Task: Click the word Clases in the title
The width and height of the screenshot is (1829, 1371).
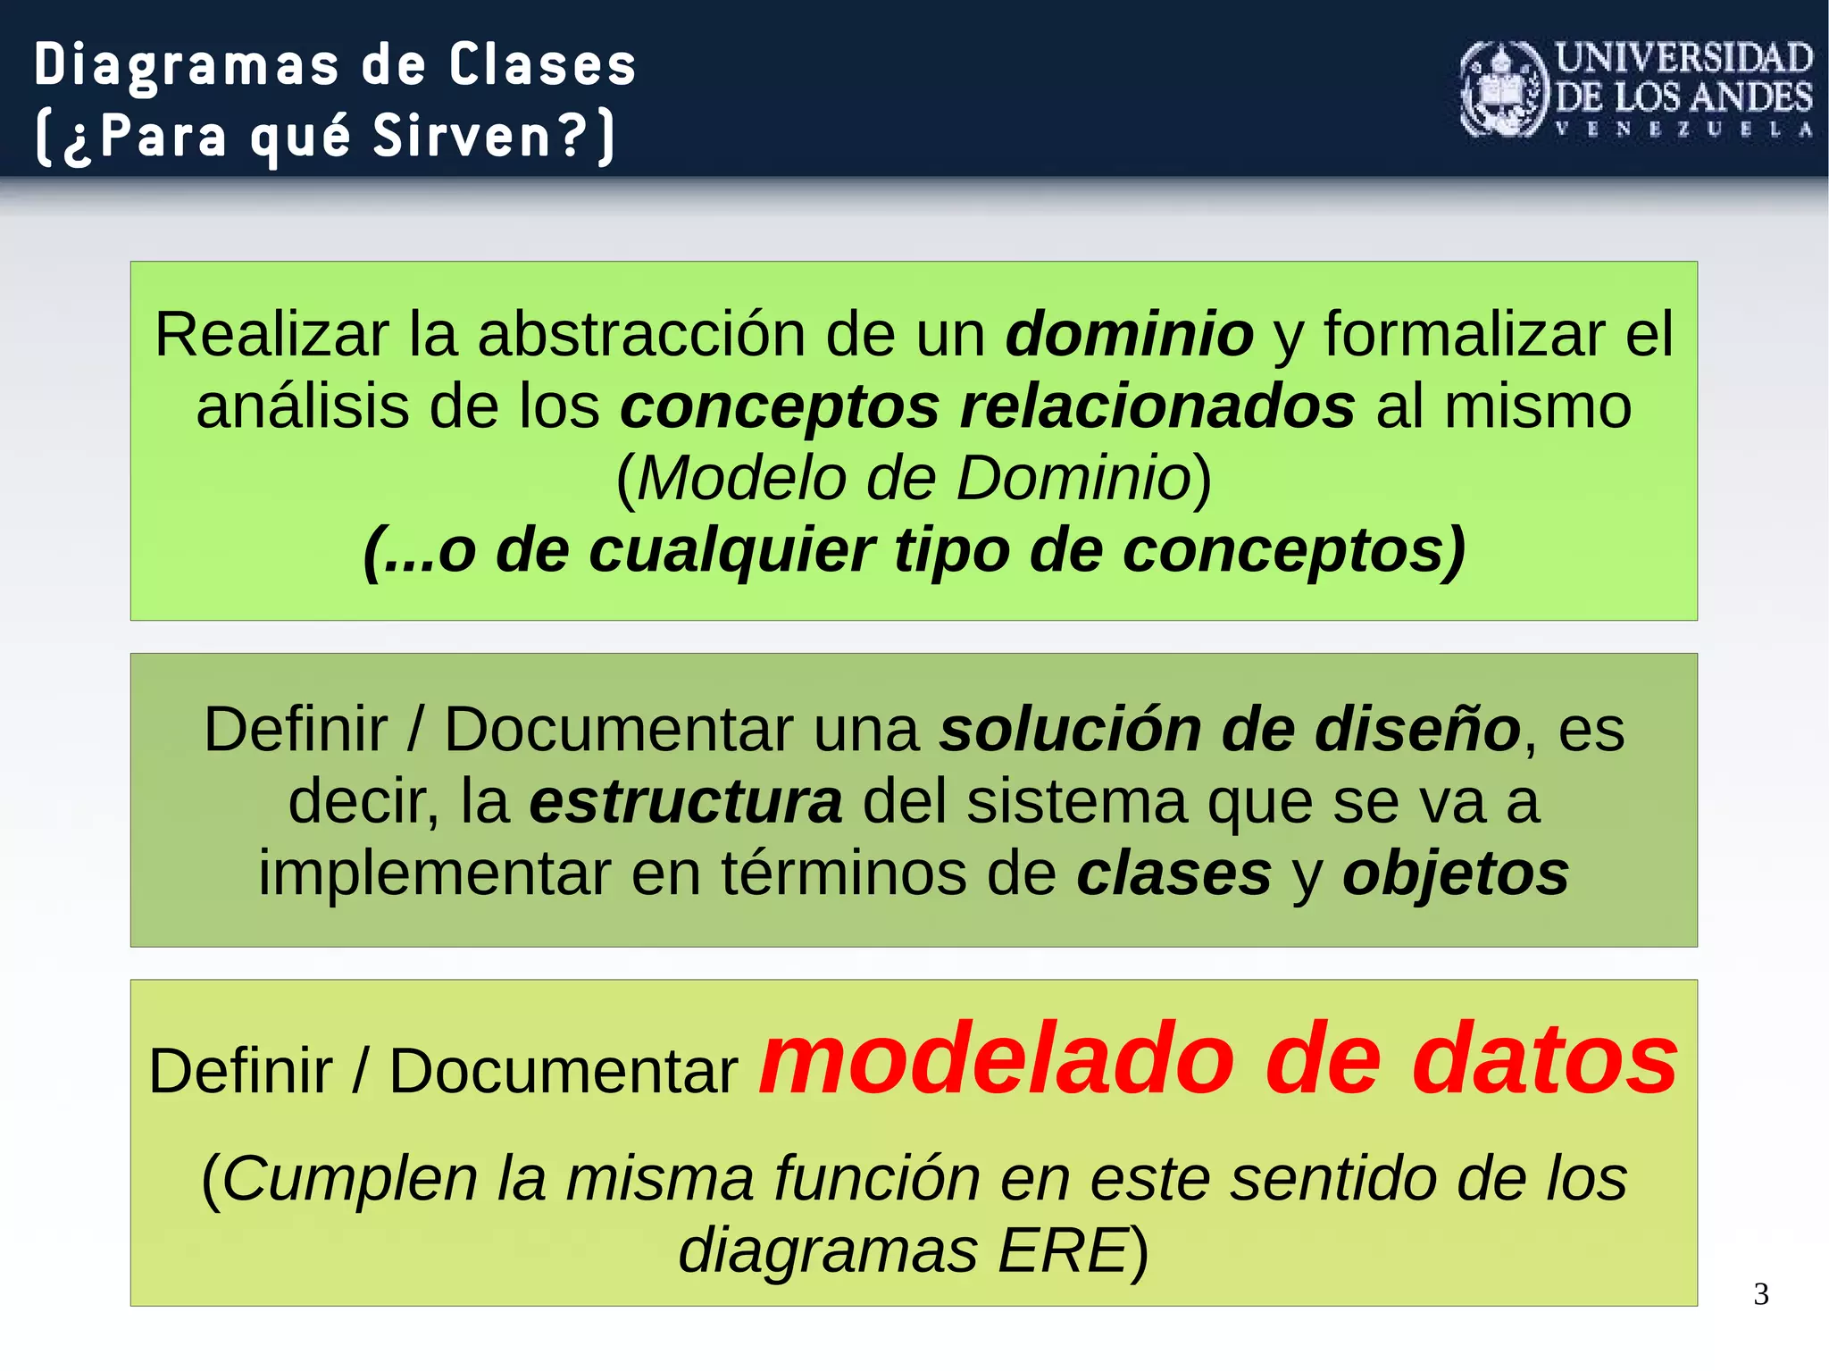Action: point(542,65)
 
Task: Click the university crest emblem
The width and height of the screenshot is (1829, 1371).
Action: point(1503,90)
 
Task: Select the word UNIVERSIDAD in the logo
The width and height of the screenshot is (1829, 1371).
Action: point(1683,59)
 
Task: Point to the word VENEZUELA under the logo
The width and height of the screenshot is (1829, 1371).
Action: point(1683,130)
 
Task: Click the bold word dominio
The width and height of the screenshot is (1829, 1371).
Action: point(1130,334)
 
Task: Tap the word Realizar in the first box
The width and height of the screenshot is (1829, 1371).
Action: point(271,334)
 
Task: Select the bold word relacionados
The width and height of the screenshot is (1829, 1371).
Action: point(1157,406)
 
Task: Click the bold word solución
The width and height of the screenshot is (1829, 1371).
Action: point(1070,730)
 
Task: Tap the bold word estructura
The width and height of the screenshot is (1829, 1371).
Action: point(685,801)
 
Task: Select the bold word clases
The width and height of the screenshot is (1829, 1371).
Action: point(1173,874)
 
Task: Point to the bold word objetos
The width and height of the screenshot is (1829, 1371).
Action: point(1456,874)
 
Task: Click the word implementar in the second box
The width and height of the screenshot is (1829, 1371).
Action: point(434,874)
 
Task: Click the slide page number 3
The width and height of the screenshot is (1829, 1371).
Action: point(1760,1294)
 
